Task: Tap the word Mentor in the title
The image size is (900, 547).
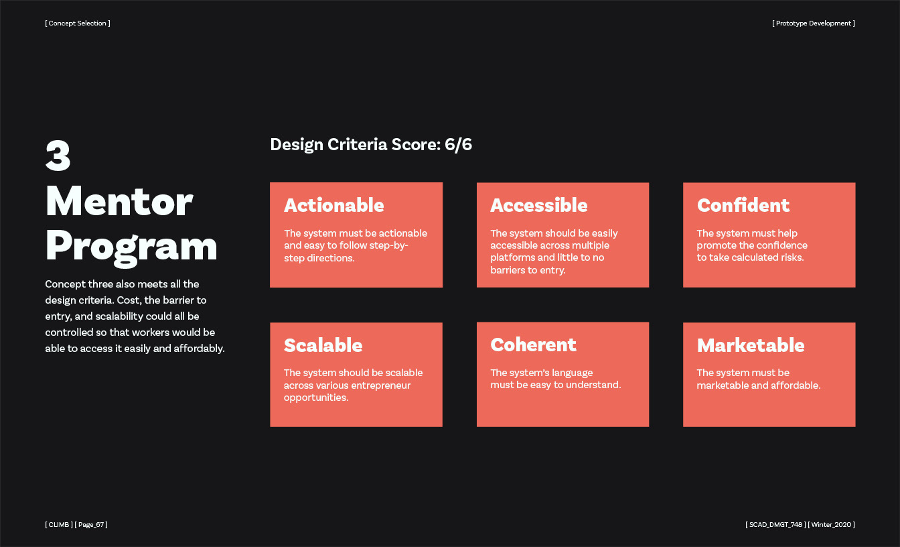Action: pos(119,201)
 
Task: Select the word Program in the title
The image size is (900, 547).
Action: pos(131,247)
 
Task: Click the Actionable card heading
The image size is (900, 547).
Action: pos(334,205)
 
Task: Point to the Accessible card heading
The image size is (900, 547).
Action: pos(539,205)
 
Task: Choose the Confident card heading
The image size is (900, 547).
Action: pos(743,205)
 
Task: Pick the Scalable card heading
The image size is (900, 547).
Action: pos(323,345)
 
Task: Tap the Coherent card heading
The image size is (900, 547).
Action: pos(533,345)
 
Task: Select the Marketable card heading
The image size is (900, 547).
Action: pos(751,345)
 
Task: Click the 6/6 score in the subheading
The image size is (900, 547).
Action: pos(458,144)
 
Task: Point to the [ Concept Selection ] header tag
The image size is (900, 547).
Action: pos(78,23)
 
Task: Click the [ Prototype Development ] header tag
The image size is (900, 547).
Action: pos(814,23)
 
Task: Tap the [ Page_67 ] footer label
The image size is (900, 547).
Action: pos(91,524)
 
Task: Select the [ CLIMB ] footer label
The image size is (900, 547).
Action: pos(59,524)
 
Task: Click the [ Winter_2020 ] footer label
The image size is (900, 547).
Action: pos(831,524)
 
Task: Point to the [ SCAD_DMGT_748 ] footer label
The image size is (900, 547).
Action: pos(775,524)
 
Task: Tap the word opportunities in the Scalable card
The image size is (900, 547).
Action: pos(316,398)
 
